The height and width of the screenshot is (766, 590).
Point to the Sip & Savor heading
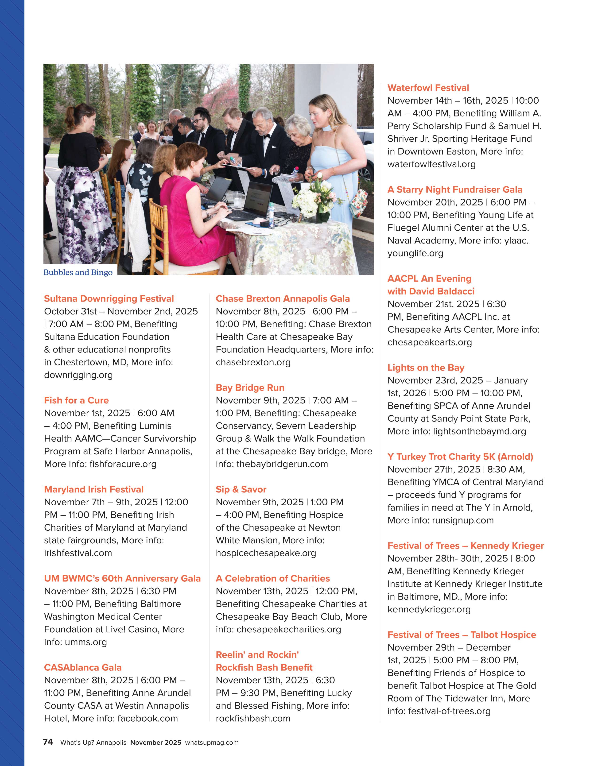pos(241,489)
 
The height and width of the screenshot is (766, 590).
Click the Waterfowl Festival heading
pos(428,88)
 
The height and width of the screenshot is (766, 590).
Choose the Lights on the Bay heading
pos(426,368)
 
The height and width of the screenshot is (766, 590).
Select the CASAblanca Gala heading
pos(82,667)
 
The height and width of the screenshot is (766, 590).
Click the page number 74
pos(48,742)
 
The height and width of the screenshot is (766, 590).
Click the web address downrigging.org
pos(78,375)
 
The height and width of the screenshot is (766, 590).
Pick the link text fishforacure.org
pos(123,464)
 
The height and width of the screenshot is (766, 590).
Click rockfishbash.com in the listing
pos(253,718)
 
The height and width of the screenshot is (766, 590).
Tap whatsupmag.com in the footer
pos(212,743)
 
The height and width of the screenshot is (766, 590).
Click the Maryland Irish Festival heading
pos(94,489)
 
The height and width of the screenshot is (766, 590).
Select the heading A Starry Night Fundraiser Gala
pos(455,190)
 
